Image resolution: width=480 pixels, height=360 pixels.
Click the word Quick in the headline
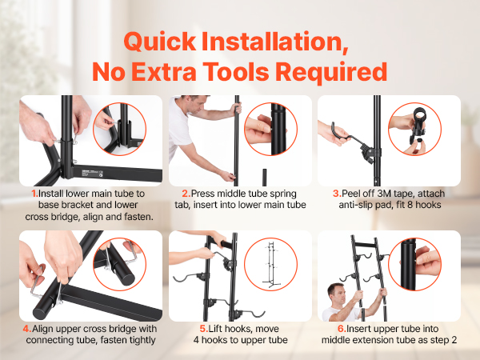[160, 42]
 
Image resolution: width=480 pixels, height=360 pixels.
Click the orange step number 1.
[34, 194]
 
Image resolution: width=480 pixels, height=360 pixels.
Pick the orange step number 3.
[337, 194]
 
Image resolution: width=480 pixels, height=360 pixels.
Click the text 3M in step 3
[385, 194]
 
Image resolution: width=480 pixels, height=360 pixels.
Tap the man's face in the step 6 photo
[338, 294]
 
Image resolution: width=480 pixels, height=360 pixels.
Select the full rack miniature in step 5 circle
[271, 265]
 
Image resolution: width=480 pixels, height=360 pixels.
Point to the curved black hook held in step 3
[342, 134]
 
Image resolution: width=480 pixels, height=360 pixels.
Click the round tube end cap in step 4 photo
[40, 313]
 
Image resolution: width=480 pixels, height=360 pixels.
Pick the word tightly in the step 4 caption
[141, 341]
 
